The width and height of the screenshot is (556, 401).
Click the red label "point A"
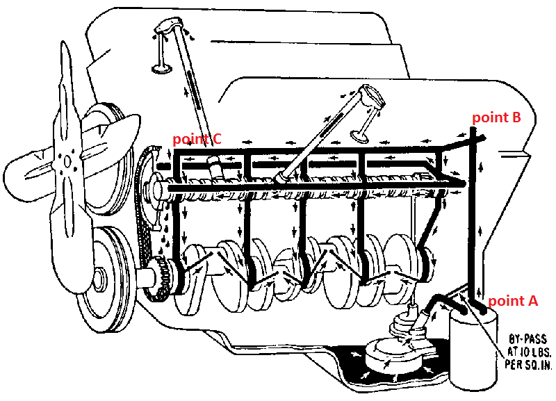coord(513,301)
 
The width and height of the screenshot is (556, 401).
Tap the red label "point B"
coord(496,117)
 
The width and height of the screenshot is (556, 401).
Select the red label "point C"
coord(197,139)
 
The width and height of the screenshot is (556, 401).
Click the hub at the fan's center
coord(67,160)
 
